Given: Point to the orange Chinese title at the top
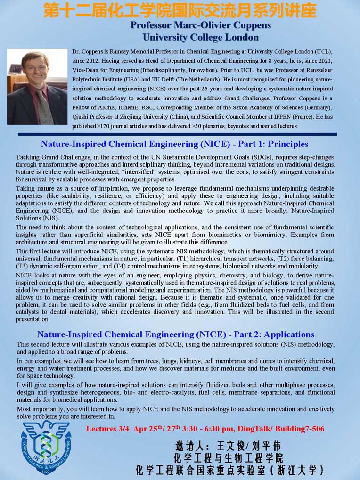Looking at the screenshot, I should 180,10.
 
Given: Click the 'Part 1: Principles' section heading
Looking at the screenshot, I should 175,144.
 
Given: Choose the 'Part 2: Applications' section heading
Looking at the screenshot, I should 176,334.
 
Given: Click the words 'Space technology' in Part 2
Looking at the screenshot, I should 51,376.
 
